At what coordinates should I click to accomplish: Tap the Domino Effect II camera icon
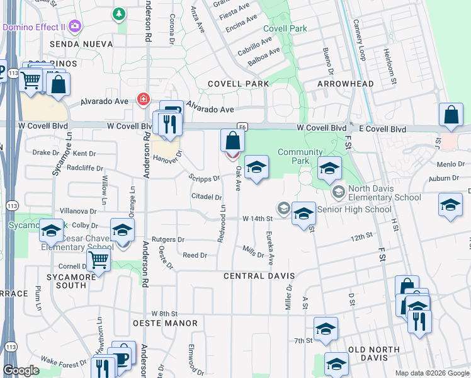point(76,26)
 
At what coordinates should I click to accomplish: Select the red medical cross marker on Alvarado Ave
point(143,100)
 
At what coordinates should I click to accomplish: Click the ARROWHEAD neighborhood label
point(345,84)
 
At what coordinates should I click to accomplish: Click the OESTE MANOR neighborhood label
point(165,323)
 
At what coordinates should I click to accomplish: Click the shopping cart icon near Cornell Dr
point(98,259)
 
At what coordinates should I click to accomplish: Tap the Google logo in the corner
point(21,370)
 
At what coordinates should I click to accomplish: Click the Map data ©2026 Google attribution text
point(432,372)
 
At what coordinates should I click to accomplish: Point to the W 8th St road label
point(165,313)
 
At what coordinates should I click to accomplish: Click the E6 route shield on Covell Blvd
point(242,127)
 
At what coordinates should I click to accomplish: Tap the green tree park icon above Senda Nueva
point(118,13)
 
